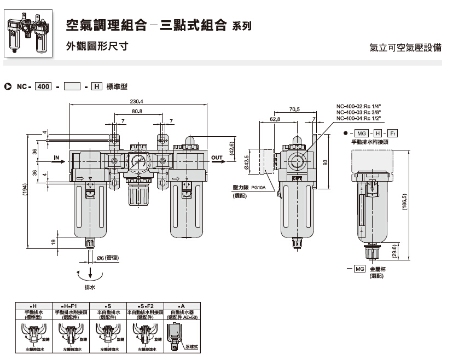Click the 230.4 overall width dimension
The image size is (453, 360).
click(x=136, y=102)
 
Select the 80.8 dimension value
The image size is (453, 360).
click(x=137, y=111)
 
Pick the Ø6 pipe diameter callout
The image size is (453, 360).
click(x=104, y=258)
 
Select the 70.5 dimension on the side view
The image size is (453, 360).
click(x=294, y=109)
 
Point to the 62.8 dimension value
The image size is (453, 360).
click(x=275, y=119)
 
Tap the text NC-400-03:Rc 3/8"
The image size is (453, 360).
click(x=358, y=112)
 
